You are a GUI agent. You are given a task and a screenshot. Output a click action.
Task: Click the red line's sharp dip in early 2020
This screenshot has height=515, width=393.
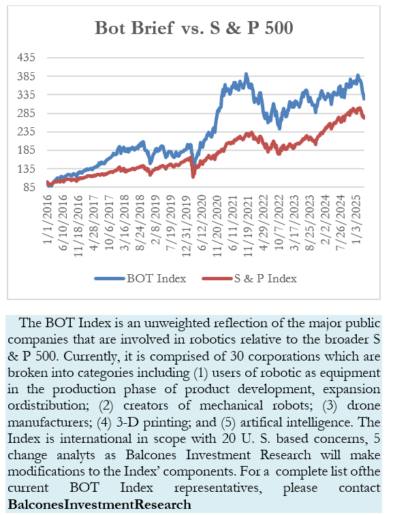(x=193, y=176)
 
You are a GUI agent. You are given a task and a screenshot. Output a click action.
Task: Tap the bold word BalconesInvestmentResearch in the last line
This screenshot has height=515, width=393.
(x=99, y=504)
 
